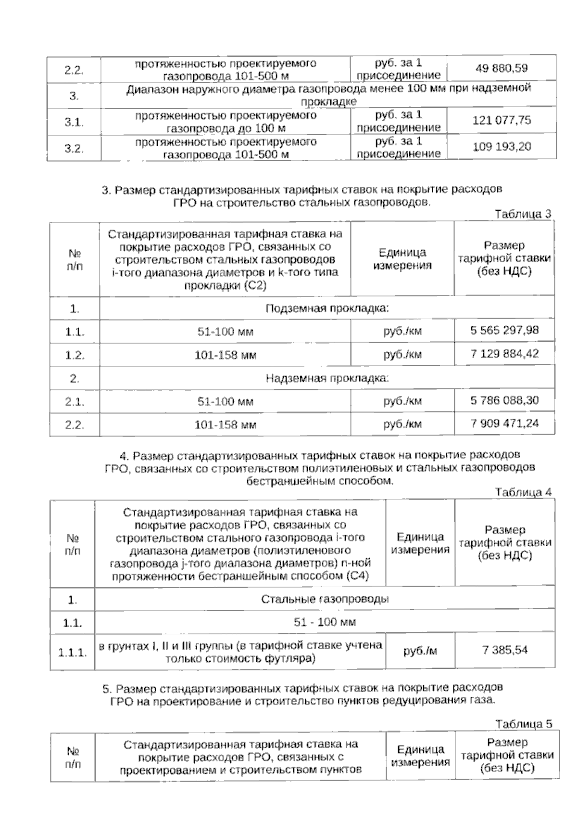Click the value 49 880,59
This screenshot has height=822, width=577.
tap(501, 68)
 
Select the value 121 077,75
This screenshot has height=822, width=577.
tap(502, 120)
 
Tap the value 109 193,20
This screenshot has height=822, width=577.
tap(502, 146)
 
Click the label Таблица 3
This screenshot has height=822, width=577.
tap(523, 215)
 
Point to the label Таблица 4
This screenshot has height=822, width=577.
tap(523, 492)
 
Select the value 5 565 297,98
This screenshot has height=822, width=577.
tap(504, 331)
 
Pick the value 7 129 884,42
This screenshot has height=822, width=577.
tap(504, 354)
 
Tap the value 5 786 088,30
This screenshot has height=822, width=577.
tap(504, 400)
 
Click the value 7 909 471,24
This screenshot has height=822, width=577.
tap(504, 424)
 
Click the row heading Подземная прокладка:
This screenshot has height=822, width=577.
tap(327, 308)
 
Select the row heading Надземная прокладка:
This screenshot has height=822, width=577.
tap(327, 378)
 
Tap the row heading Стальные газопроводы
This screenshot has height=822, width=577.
tap(325, 599)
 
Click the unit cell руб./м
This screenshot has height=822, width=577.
tap(420, 651)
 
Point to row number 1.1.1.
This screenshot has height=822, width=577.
tap(73, 653)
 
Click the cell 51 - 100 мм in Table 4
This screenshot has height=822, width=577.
tap(325, 622)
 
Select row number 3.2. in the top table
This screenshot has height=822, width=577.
tap(74, 148)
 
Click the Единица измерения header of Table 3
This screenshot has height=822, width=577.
tap(402, 259)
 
